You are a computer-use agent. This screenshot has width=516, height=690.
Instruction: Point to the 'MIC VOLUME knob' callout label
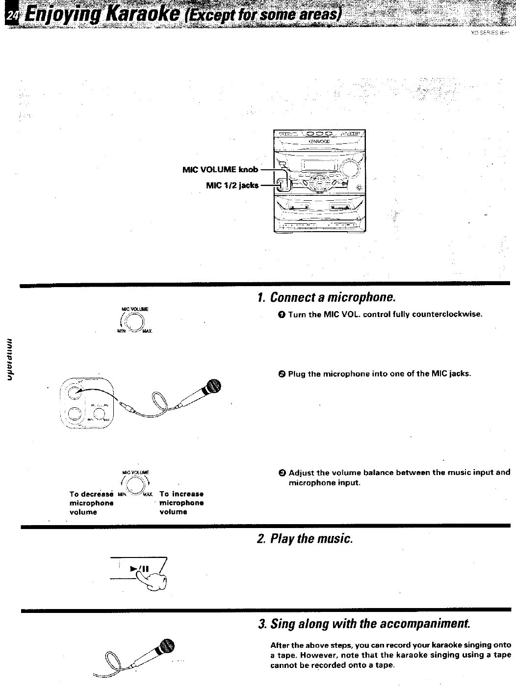click(220, 170)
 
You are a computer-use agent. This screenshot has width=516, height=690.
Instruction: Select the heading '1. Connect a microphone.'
click(326, 297)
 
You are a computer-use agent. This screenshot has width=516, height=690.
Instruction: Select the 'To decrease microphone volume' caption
click(91, 503)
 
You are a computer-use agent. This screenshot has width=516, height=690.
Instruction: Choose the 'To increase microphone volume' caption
click(181, 503)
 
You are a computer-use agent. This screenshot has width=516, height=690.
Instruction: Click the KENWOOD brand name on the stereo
click(319, 141)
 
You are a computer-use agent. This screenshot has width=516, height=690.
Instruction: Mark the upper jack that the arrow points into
click(77, 392)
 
